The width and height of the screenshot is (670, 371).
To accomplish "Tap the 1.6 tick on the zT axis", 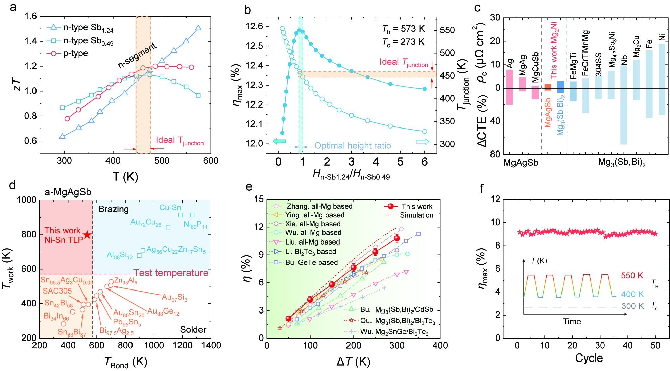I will pos(31,16).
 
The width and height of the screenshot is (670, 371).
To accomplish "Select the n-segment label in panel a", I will pos(137,55).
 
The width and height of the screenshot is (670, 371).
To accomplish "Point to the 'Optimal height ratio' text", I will pos(353,146).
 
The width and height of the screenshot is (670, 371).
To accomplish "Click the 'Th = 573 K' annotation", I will pos(403,29).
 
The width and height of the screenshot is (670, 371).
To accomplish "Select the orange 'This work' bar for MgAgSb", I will pos(548,87).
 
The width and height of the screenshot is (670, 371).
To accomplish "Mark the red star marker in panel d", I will pos(87,235).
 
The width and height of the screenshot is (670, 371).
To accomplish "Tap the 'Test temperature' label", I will pos(171,273).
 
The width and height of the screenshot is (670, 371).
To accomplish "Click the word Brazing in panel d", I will pos(114,209).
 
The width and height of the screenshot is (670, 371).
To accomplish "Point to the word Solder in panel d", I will pos(193,330).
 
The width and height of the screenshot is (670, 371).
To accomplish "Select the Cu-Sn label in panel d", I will pos(170,208).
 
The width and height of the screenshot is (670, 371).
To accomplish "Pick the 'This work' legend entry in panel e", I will pos(416,206).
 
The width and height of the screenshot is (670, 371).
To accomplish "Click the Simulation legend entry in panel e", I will pos(416,215).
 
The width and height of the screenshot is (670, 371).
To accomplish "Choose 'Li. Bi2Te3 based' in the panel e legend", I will pos(310,252).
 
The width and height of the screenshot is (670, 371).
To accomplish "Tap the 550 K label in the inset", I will pos(632,276).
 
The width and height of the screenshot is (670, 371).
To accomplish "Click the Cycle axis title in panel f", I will pos(589,358).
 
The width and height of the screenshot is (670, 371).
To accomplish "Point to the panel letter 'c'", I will pos(477,7).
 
